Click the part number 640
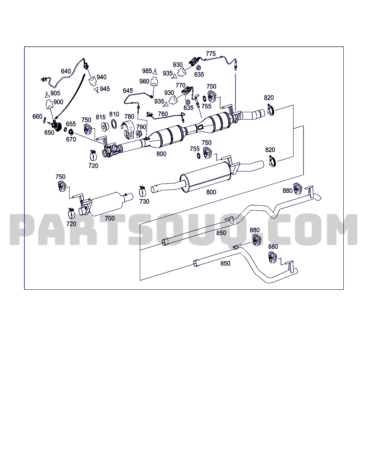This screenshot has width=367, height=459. point(66,71)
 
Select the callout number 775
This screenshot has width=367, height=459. point(211,54)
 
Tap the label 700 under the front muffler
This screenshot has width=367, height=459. point(110,218)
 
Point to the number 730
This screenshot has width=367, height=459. point(144,202)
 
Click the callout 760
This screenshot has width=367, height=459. point(163,114)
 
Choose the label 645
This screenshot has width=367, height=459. point(128,91)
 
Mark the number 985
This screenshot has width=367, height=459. point(147,71)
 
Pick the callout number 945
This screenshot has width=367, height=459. point(105,89)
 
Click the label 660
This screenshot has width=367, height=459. point(37,116)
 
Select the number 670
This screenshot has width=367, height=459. point(71,139)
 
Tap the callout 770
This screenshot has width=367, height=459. point(181,85)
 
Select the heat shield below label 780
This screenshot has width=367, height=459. point(129,129)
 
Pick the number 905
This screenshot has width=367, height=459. point(55,93)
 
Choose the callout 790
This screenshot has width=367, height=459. point(141,127)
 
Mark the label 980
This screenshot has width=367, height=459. point(144,81)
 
